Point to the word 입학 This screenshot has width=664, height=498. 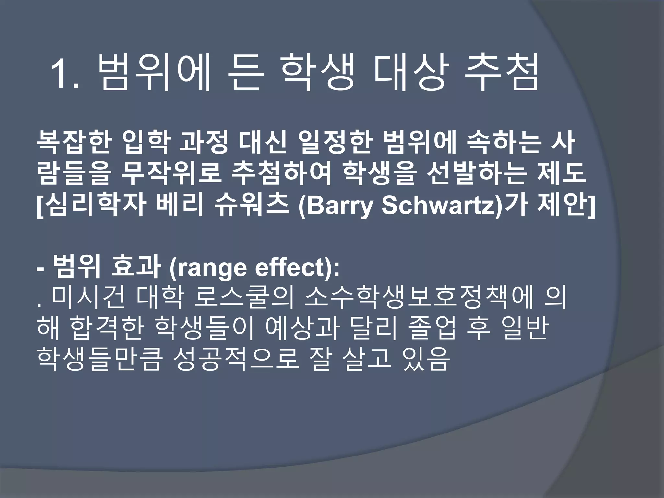click(146, 143)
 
